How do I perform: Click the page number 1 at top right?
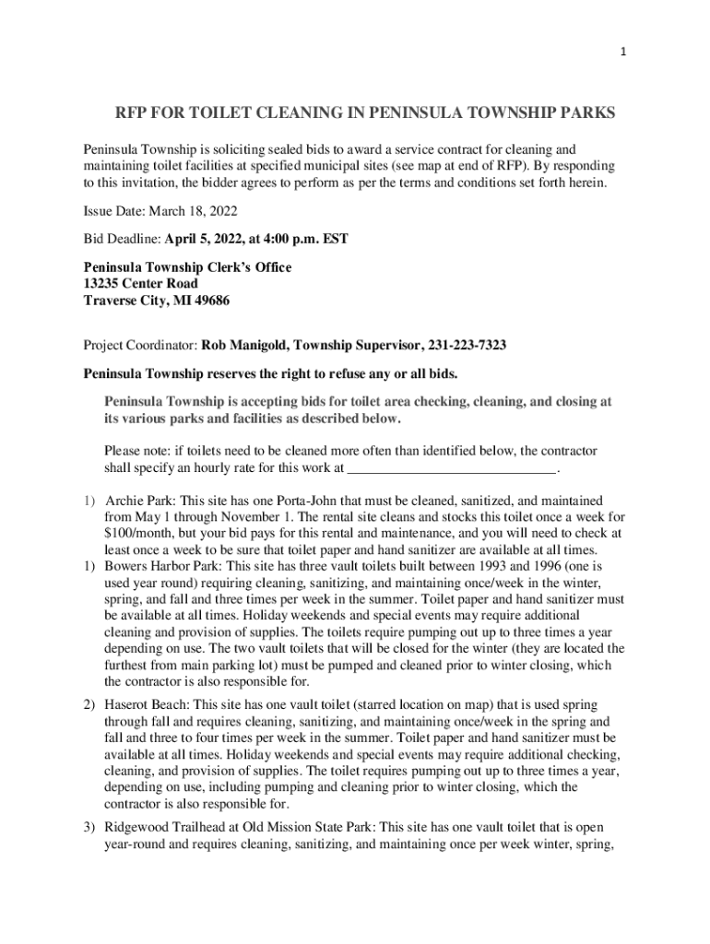pyautogui.click(x=624, y=52)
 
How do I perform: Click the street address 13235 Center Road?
pyautogui.click(x=141, y=284)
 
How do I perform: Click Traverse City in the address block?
pyautogui.click(x=125, y=301)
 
